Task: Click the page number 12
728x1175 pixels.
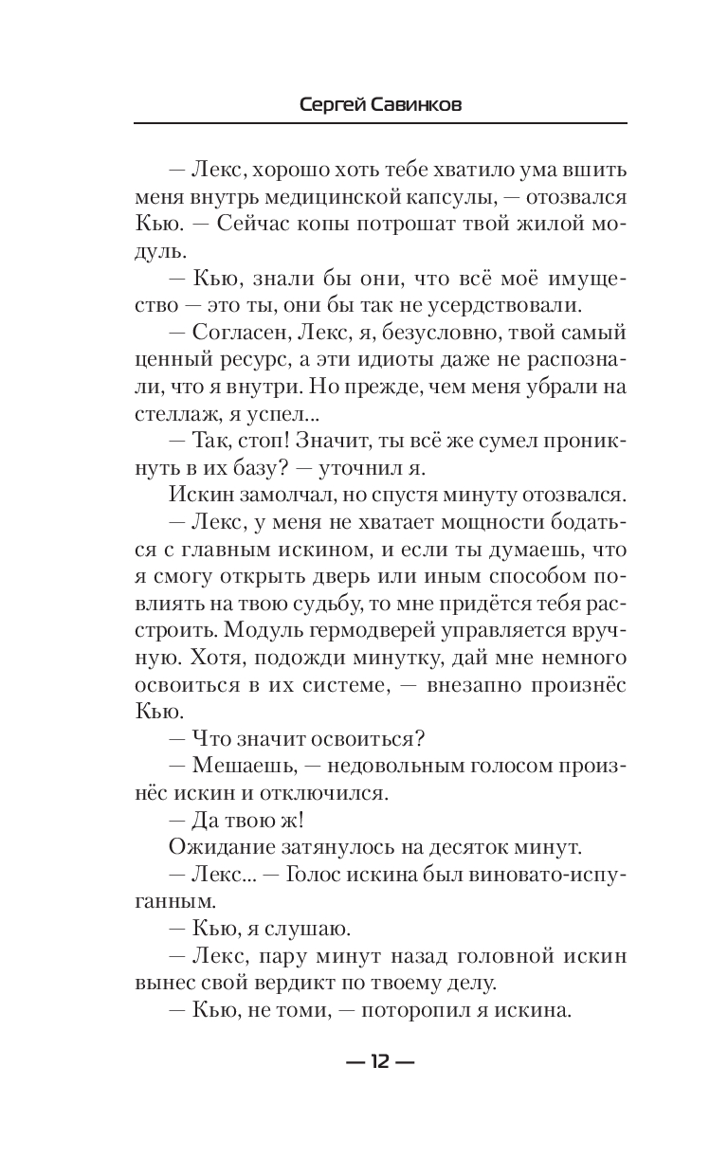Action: click(x=380, y=1061)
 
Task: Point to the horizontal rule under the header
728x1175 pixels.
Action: click(x=380, y=123)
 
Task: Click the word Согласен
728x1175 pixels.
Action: click(x=235, y=334)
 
